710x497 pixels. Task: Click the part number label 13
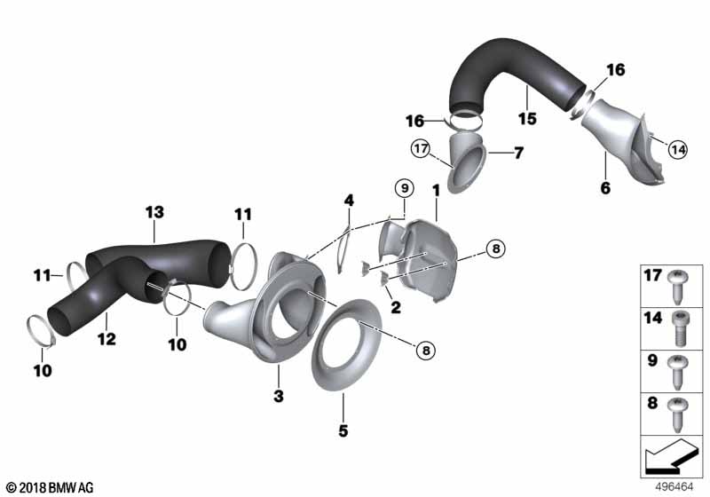coord(155,212)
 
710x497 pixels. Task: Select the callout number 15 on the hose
coord(528,118)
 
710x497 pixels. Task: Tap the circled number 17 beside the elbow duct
coord(420,149)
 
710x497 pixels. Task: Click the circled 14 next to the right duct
coord(677,150)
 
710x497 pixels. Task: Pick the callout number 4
coord(350,201)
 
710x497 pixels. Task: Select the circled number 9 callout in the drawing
coord(404,188)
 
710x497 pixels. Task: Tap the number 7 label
coord(519,153)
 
